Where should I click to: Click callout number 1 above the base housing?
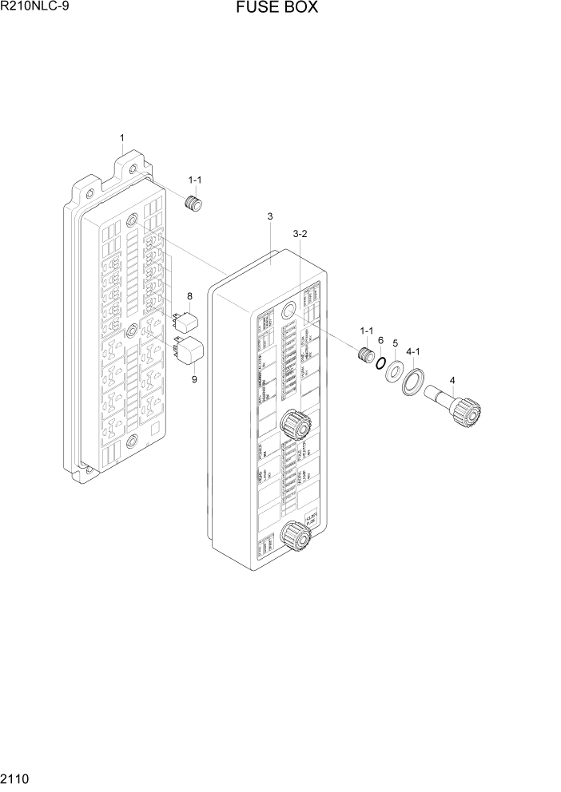point(121,138)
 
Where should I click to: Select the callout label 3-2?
point(300,234)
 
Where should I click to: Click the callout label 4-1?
point(413,351)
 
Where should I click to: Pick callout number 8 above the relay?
point(189,297)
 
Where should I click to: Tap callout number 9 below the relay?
point(193,379)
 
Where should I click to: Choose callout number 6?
point(381,340)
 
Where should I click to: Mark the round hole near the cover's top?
point(291,310)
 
